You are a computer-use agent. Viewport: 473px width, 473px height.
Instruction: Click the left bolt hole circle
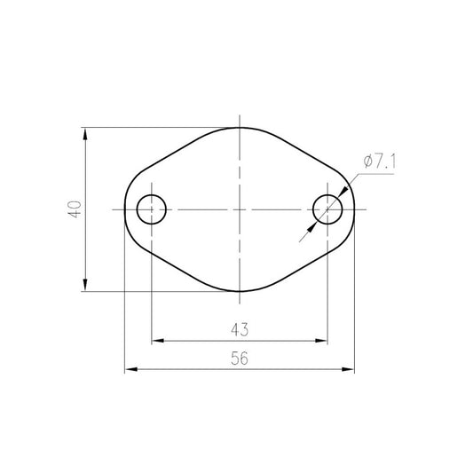click(137, 209)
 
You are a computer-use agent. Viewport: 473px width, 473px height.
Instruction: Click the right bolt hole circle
click(313, 209)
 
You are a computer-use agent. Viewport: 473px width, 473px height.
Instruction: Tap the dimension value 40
click(75, 209)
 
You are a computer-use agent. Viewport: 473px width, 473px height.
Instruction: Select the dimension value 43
click(240, 329)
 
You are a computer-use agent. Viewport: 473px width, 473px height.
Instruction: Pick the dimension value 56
click(240, 359)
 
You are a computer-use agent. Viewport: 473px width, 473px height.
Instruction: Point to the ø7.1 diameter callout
click(380, 162)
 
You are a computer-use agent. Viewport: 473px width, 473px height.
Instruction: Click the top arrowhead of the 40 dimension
click(85, 133)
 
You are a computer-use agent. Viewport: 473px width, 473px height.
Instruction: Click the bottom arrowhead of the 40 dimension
click(85, 286)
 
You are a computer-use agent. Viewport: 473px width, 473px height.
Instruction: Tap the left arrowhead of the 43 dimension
click(157, 341)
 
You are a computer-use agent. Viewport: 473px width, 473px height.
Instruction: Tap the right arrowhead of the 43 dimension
click(321, 341)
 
